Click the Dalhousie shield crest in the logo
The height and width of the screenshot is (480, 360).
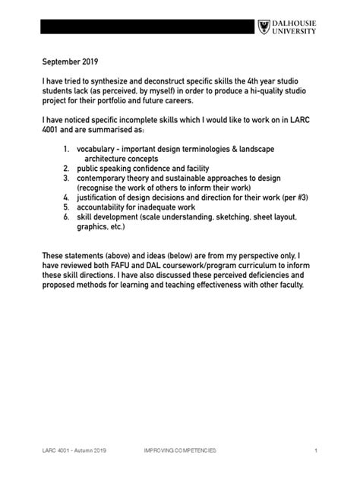click(264, 27)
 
